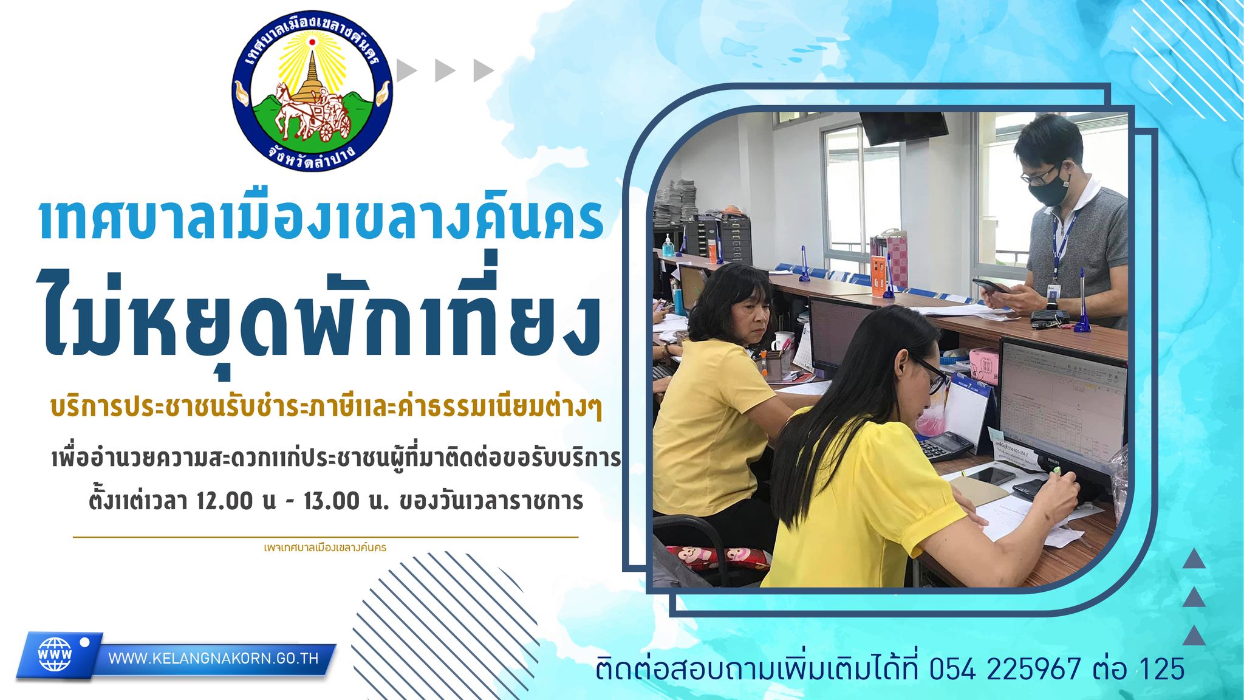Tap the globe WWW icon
pos(55,654)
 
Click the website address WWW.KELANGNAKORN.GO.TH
pos(213,659)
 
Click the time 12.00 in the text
pos(224,501)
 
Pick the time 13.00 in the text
pos(332,501)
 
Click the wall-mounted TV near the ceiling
pos(903,127)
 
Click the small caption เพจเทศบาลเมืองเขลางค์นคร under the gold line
pos(326,547)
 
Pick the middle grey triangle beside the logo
pos(445,70)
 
